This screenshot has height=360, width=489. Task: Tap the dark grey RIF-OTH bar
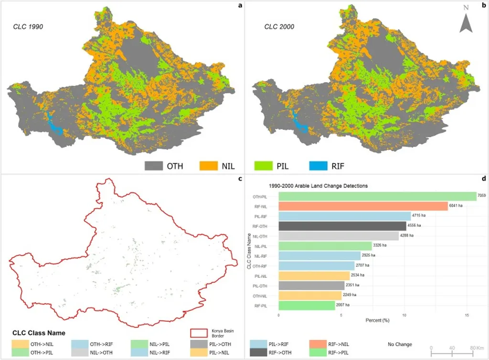coord(342,225)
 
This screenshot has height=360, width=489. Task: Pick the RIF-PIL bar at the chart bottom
coord(307,305)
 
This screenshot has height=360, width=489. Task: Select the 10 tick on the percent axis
coord(404,315)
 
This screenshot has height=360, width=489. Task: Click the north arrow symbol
coord(466,23)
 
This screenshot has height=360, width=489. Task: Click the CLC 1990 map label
coord(28,27)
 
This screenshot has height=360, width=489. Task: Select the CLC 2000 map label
coord(279,27)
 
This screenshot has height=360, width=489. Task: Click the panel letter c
coord(240,179)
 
